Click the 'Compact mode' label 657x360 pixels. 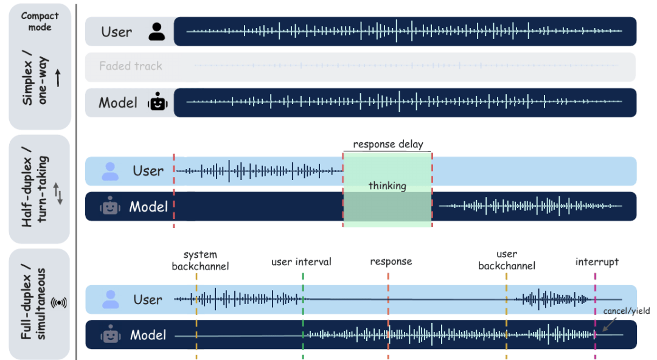point(40,21)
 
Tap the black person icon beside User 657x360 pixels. point(157,32)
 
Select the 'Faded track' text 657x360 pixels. point(131,66)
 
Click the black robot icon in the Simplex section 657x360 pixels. point(158,102)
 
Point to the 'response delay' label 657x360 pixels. point(388,144)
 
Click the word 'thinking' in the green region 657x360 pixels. point(387,185)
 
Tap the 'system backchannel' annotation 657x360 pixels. point(200,260)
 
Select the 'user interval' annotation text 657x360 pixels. point(301,262)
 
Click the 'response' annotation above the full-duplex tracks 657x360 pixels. point(391,261)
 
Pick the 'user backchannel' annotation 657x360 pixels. point(507,260)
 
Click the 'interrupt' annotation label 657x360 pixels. point(597,262)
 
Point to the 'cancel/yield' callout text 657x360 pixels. point(627,311)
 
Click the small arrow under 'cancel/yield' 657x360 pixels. point(609,324)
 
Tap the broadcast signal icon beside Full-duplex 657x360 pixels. point(58,303)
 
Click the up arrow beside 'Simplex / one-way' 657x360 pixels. point(58,78)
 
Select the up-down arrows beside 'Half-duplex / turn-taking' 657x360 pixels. point(58,193)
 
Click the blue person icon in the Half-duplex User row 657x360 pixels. point(110,171)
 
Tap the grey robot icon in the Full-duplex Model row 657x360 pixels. point(111,334)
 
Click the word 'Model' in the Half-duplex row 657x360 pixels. point(148,207)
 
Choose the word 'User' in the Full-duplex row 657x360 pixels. point(147,300)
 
